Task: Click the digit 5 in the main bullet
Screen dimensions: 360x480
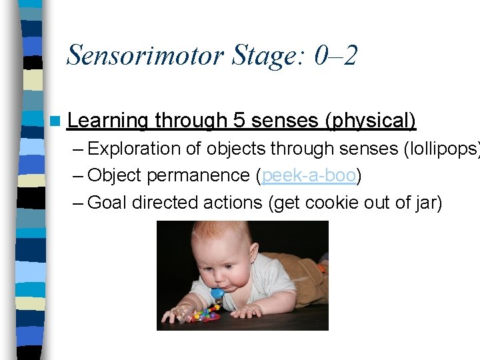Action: tap(239, 121)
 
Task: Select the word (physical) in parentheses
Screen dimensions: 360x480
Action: tap(370, 121)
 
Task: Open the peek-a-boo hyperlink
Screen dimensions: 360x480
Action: tap(309, 175)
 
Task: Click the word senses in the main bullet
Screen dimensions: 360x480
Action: tap(284, 121)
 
